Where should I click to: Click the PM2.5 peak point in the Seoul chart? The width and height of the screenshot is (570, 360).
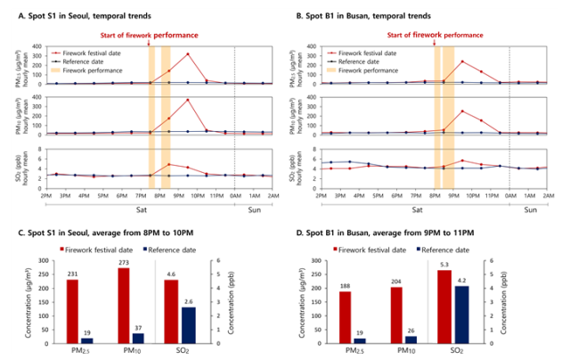[188, 53]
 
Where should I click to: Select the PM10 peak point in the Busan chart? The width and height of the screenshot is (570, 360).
[461, 111]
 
